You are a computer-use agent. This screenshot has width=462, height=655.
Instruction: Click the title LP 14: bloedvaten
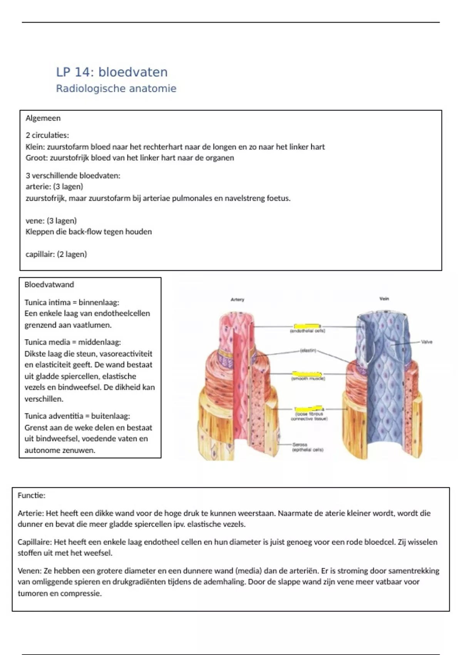[x=112, y=72]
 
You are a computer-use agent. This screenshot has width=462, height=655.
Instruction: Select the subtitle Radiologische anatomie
[x=116, y=89]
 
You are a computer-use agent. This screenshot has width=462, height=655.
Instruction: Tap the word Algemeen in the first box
[x=43, y=118]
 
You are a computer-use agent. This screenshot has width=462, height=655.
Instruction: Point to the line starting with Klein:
[x=175, y=147]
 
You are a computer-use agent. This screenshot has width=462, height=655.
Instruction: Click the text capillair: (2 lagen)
[x=56, y=254]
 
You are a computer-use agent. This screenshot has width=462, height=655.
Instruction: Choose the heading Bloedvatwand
[x=49, y=285]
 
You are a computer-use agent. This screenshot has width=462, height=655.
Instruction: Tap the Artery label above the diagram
[x=237, y=299]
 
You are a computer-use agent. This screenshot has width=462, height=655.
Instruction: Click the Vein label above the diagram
[x=384, y=299]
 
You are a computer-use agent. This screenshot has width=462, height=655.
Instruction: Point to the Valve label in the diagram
[x=427, y=342]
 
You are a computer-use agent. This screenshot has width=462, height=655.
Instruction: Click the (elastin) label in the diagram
[x=308, y=351]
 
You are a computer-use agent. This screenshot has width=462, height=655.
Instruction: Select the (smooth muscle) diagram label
[x=308, y=379]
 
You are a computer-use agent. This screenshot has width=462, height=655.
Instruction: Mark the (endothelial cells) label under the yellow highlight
[x=308, y=331]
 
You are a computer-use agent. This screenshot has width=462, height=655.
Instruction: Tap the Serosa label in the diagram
[x=300, y=445]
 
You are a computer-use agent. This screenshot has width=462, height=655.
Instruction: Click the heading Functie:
[x=31, y=495]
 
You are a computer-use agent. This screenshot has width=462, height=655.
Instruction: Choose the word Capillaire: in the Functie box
[x=35, y=542]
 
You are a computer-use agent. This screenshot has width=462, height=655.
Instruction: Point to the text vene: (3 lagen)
[x=51, y=221]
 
